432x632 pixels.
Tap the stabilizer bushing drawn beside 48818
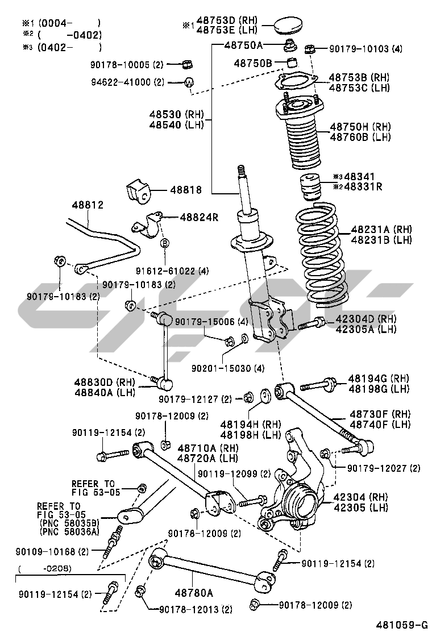(x=138, y=193)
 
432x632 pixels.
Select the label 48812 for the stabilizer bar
(x=87, y=205)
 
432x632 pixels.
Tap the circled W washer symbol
(x=189, y=82)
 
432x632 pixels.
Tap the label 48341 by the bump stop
(x=362, y=177)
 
